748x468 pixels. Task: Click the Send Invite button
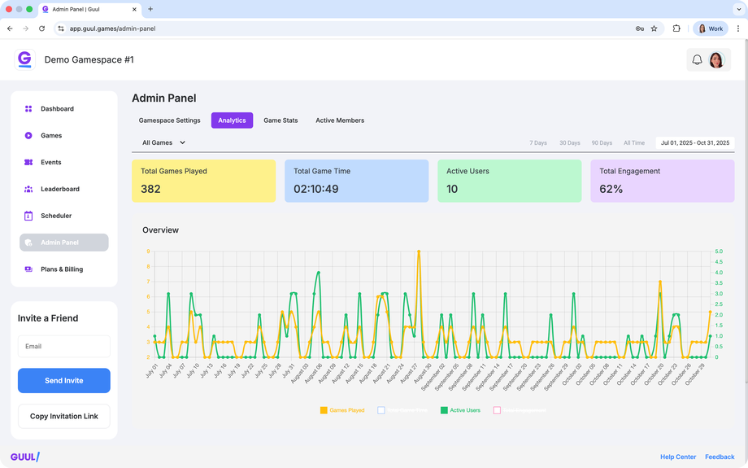(64, 380)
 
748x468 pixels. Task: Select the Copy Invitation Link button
(64, 416)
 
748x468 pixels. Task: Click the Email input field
(64, 346)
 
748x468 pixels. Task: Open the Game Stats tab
(280, 120)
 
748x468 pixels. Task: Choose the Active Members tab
(340, 120)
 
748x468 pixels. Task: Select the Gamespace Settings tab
(170, 120)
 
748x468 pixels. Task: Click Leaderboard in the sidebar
(60, 189)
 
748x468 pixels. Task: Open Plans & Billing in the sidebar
(62, 269)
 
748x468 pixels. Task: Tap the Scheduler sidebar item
(56, 216)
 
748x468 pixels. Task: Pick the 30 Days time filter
(570, 143)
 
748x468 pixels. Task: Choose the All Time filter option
(634, 143)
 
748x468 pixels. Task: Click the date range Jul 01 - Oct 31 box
(695, 143)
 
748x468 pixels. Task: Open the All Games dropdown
(164, 142)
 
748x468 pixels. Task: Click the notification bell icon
(697, 59)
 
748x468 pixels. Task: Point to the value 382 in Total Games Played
(150, 189)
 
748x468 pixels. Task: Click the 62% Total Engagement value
(611, 189)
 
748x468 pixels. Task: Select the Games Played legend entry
(342, 410)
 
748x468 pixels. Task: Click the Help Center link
(678, 457)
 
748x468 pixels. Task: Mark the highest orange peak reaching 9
(419, 251)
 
